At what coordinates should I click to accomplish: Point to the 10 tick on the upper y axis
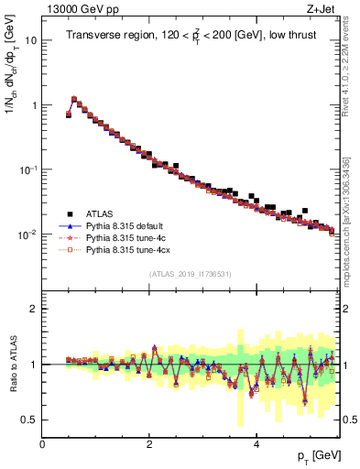(30, 41)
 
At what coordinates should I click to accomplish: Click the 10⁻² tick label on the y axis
(27, 234)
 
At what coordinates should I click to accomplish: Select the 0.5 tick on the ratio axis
(29, 420)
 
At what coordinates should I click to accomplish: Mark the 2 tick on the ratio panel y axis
(33, 309)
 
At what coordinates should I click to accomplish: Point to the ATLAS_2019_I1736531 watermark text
(189, 274)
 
